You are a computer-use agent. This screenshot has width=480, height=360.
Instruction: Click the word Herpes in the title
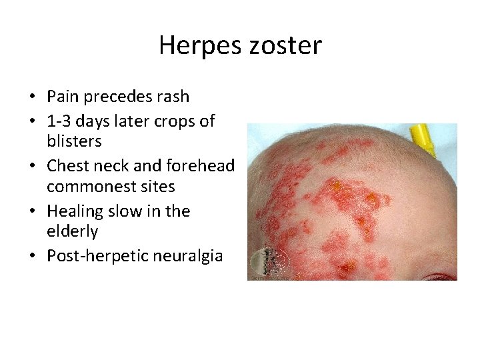pos(195,46)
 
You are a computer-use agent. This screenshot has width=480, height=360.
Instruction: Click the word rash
pos(173,97)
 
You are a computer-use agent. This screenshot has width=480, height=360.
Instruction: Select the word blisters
pos(74,141)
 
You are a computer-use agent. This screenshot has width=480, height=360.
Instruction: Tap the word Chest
pos(67,165)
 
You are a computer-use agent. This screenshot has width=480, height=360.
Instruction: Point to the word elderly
pos(72,231)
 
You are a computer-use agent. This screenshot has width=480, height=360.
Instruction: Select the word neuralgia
pos(189,256)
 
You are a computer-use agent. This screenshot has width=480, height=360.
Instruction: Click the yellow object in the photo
pos(422,136)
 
